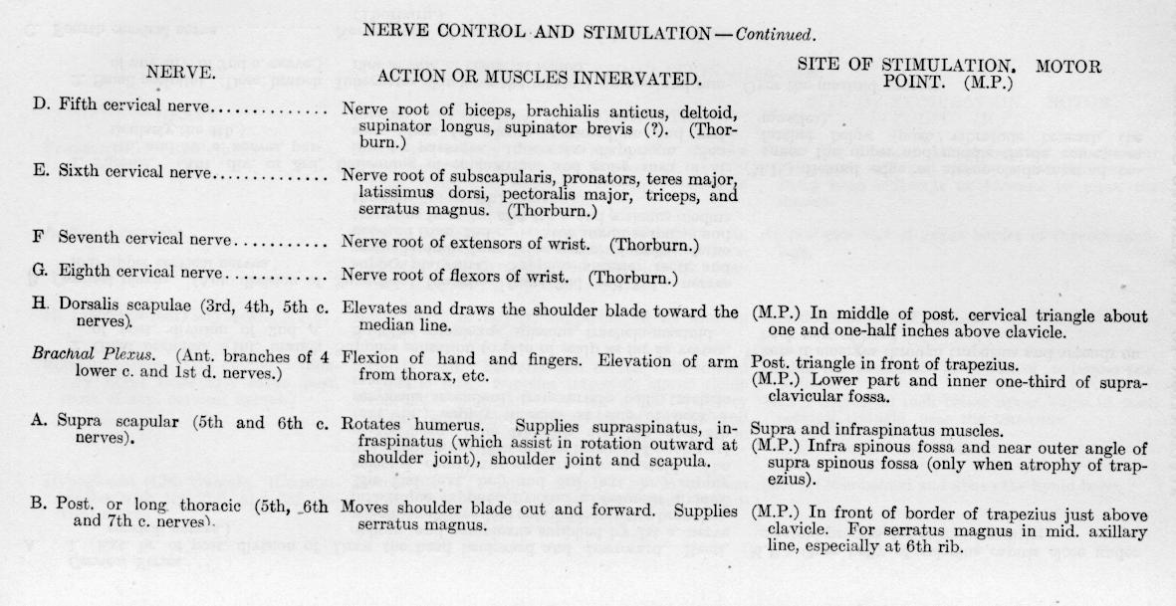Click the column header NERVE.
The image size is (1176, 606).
point(181,72)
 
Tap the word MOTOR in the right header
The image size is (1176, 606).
point(1067,68)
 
